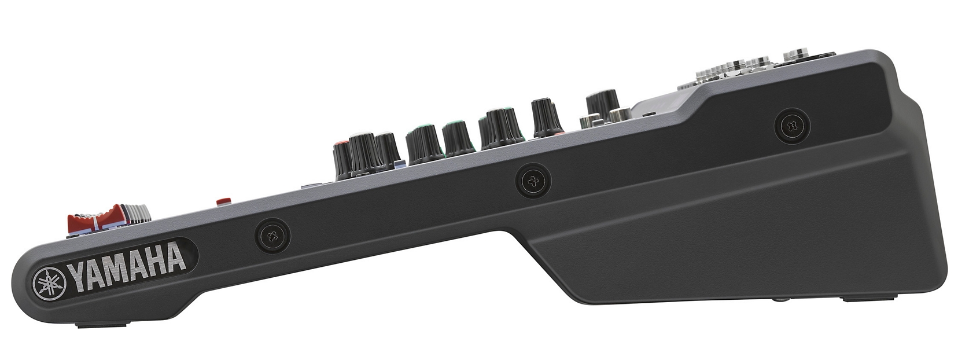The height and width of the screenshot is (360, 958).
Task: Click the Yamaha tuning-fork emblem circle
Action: [50, 285]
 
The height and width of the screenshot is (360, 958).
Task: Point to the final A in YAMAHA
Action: [175, 258]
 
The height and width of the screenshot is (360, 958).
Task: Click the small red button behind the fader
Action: [223, 201]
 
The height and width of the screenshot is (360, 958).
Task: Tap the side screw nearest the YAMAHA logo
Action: [272, 236]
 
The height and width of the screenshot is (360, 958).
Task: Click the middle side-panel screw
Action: [533, 182]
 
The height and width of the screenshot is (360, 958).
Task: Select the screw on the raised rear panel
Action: [792, 126]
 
